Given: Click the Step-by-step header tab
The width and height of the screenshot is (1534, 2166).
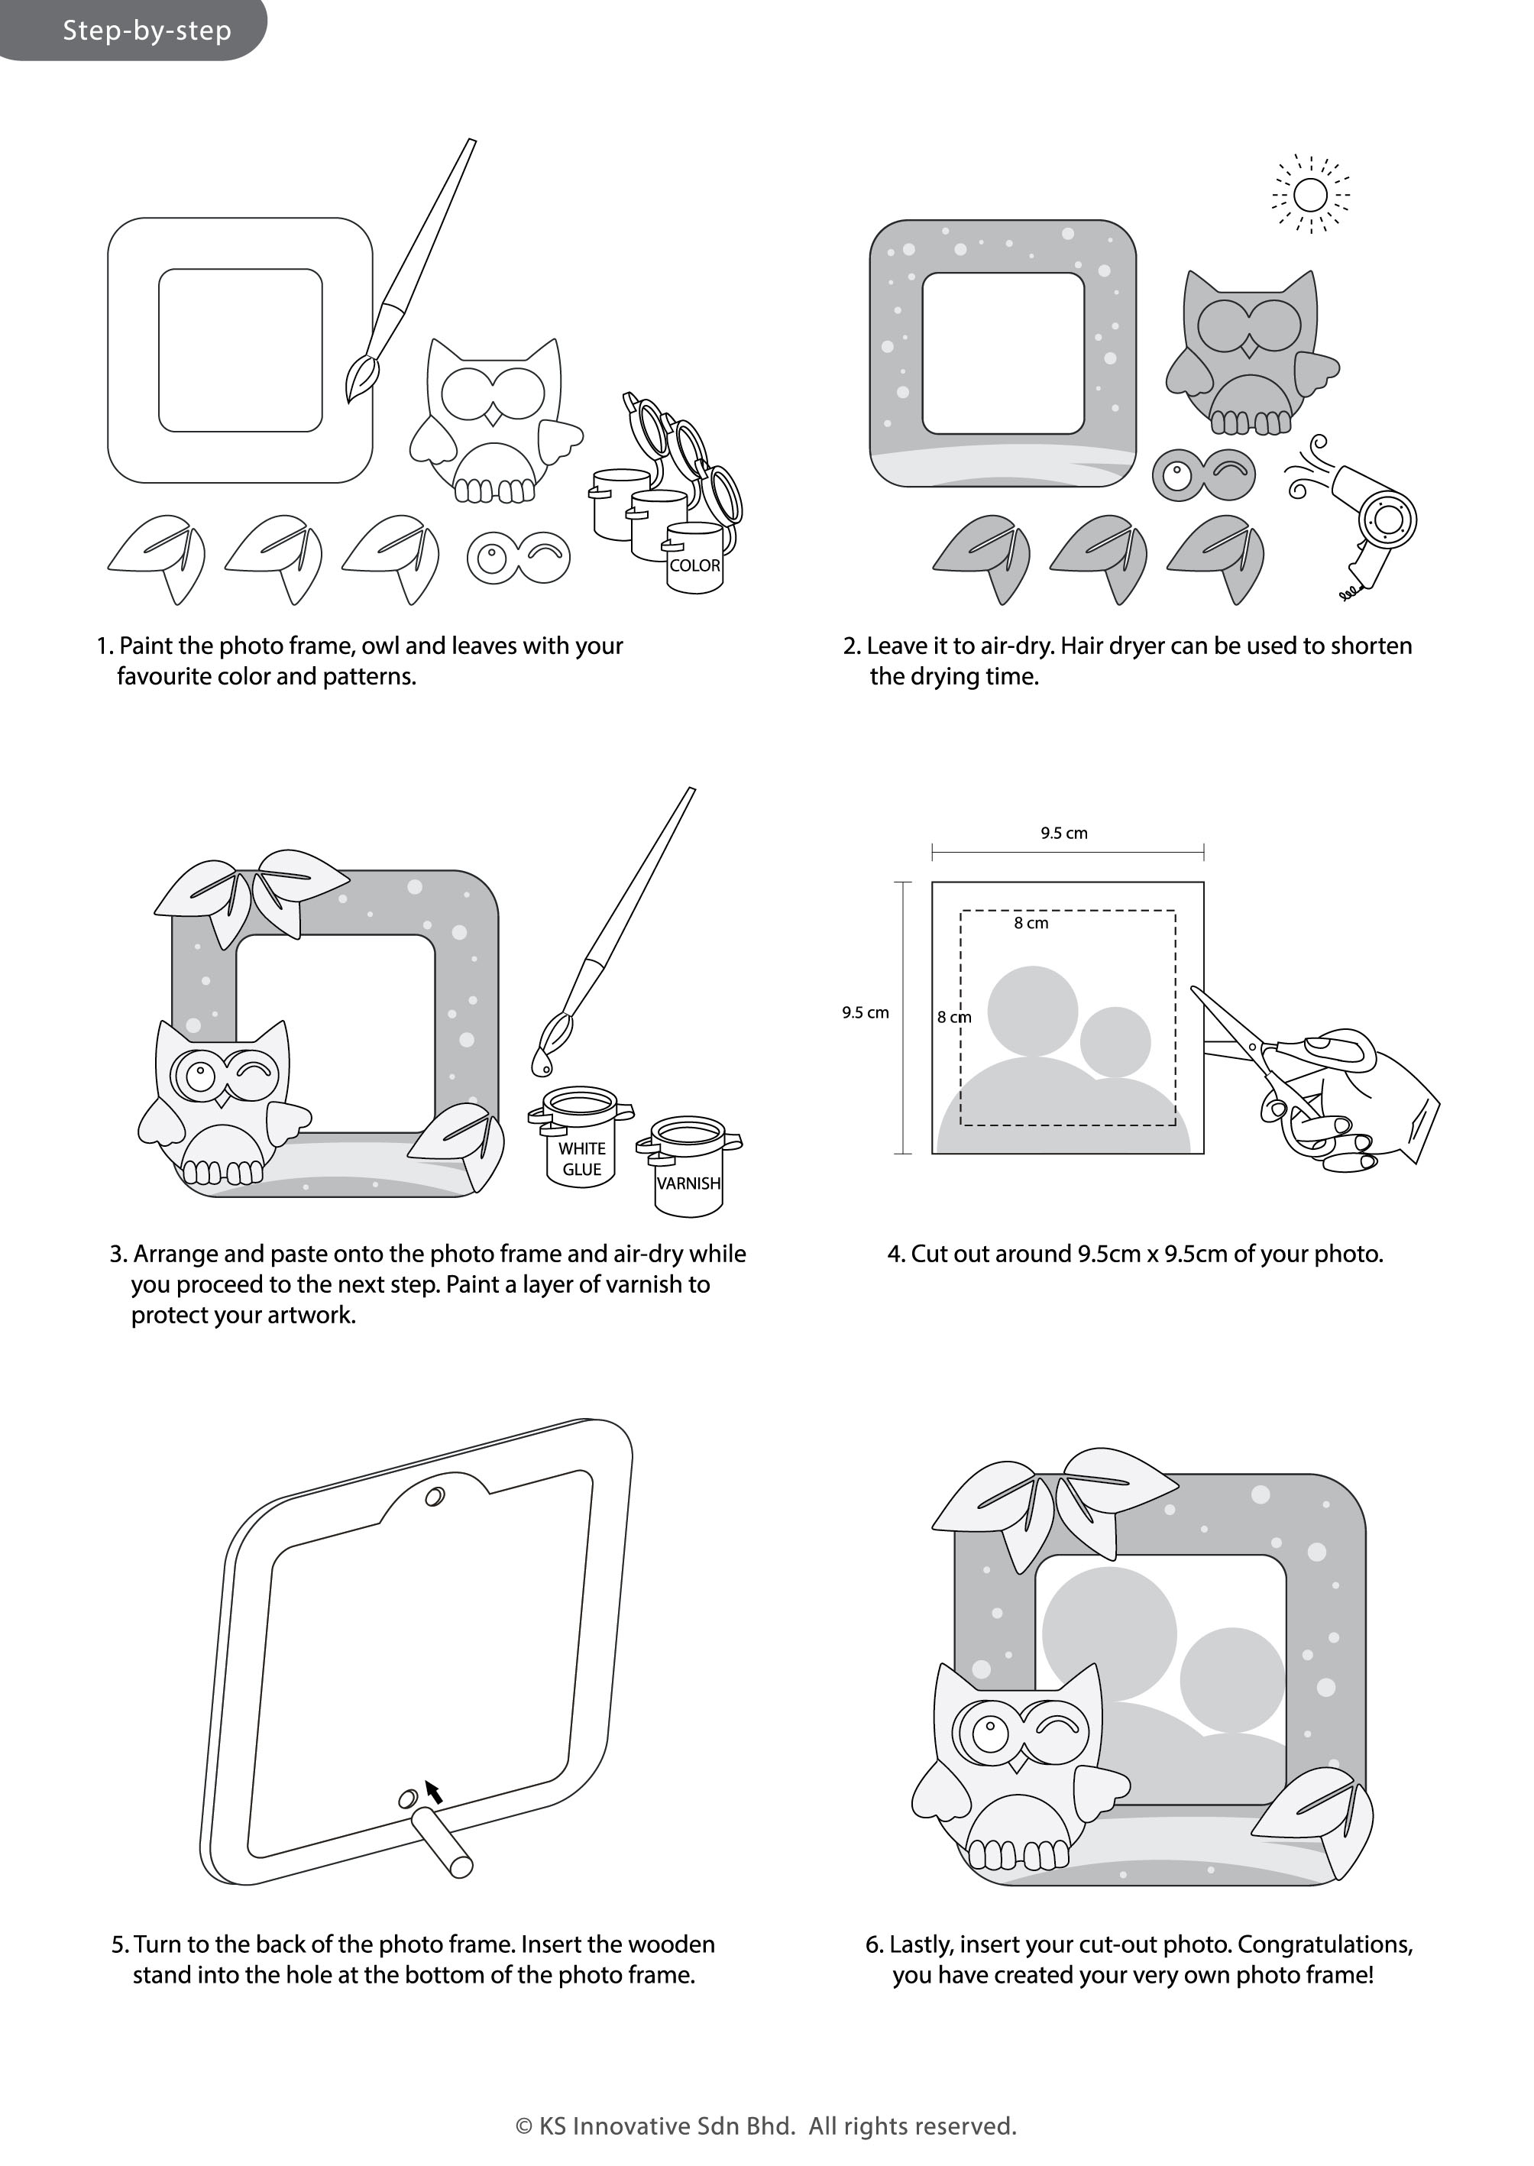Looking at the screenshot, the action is coord(132,31).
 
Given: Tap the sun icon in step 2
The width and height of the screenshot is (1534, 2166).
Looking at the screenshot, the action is coord(1310,196).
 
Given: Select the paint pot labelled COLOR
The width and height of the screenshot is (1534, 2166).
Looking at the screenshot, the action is coord(694,558).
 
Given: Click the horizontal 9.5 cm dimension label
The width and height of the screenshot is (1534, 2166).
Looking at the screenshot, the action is coord(1063,833).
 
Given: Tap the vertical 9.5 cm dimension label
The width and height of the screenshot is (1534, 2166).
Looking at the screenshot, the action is coord(866,1012).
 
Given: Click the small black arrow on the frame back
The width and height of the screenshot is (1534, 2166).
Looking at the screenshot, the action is coord(434,1791).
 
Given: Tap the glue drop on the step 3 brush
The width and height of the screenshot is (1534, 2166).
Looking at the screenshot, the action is coord(541,1064).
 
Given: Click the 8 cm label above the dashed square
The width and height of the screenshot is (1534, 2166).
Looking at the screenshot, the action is coord(1031,923).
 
